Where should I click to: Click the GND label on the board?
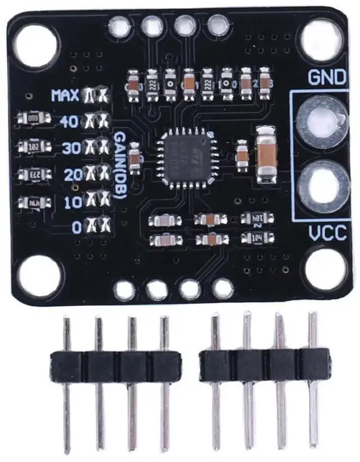326,78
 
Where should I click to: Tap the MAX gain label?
65,95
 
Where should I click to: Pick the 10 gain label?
73,200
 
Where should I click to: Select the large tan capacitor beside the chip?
264,153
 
